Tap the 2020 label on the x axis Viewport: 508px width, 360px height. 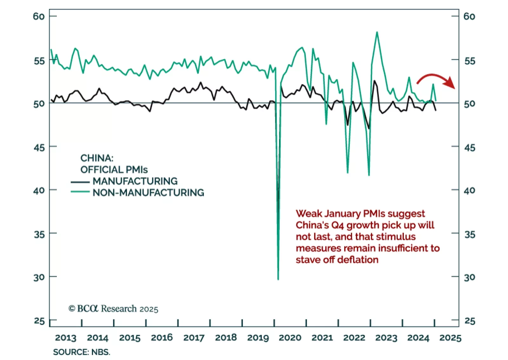click(x=290, y=337)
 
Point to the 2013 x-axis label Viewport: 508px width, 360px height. click(x=66, y=337)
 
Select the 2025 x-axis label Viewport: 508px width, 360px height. click(x=450, y=337)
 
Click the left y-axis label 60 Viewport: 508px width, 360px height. click(x=39, y=16)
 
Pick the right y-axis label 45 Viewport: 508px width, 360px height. click(x=470, y=148)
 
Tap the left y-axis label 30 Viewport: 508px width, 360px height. click(x=39, y=277)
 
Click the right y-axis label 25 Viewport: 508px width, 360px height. click(x=470, y=321)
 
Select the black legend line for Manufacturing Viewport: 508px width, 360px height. click(x=80, y=182)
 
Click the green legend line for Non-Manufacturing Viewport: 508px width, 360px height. click(x=80, y=192)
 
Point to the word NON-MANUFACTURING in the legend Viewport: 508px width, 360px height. click(x=148, y=193)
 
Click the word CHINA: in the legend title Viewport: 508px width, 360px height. click(x=97, y=158)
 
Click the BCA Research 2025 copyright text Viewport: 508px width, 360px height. click(x=113, y=309)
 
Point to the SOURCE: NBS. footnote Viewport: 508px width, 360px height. click(x=81, y=352)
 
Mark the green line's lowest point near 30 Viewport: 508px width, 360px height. click(x=278, y=279)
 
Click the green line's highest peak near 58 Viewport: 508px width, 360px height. click(x=377, y=32)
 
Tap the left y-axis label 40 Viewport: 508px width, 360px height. click(x=39, y=190)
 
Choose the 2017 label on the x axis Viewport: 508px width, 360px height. click(x=194, y=337)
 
